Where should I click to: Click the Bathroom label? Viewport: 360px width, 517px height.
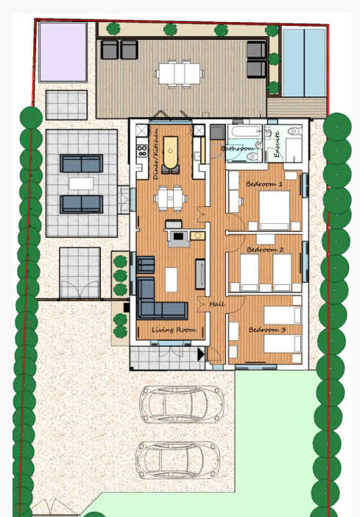tap(238, 149)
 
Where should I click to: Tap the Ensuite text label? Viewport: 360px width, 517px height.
tap(277, 144)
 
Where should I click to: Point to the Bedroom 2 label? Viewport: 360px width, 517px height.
tap(265, 250)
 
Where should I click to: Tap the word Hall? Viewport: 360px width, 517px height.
tap(217, 303)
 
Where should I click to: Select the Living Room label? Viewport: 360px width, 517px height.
tap(174, 331)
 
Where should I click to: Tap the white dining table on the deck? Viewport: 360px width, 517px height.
tap(178, 73)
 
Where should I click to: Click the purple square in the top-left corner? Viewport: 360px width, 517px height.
tap(63, 52)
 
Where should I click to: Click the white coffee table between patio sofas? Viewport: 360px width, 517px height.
tap(81, 183)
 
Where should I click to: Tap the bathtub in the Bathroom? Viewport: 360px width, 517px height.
tap(243, 136)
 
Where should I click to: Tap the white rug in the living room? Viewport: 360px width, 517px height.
tap(172, 280)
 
